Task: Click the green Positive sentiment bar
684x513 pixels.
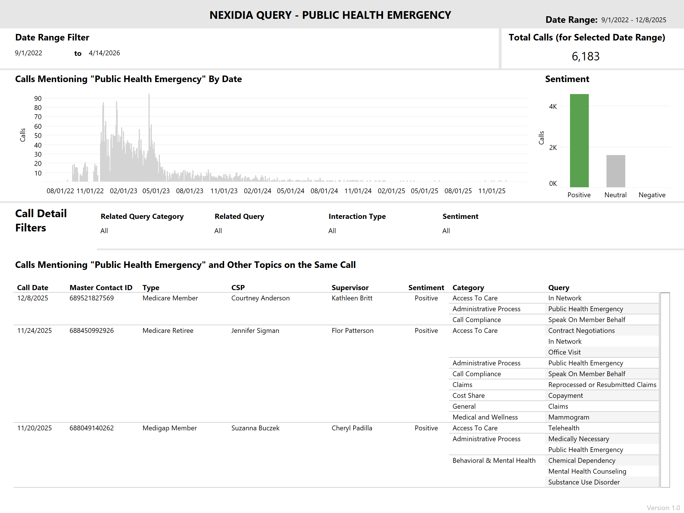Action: pos(579,141)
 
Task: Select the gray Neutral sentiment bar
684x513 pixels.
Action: pos(615,171)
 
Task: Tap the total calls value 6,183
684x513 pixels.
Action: pos(585,56)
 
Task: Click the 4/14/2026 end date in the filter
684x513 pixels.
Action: pos(104,53)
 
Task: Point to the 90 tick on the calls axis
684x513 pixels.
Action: pos(38,98)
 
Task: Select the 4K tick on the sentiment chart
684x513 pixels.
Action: pos(553,107)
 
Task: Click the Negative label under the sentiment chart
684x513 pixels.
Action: pos(652,195)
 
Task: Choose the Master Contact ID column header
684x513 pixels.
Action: pos(101,288)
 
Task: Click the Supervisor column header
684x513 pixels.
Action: pos(350,288)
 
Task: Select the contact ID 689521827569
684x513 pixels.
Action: pos(91,298)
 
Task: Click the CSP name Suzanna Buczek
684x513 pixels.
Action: pos(255,428)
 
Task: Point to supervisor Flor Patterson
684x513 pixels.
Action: pos(353,331)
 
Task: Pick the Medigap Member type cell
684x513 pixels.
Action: pos(170,428)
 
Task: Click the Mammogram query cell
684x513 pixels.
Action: pos(568,417)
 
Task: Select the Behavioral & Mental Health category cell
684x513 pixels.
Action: pos(494,461)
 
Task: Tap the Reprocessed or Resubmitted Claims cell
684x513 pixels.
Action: pos(602,385)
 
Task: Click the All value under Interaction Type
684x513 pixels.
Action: pos(332,231)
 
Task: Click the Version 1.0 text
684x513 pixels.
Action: pos(663,508)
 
